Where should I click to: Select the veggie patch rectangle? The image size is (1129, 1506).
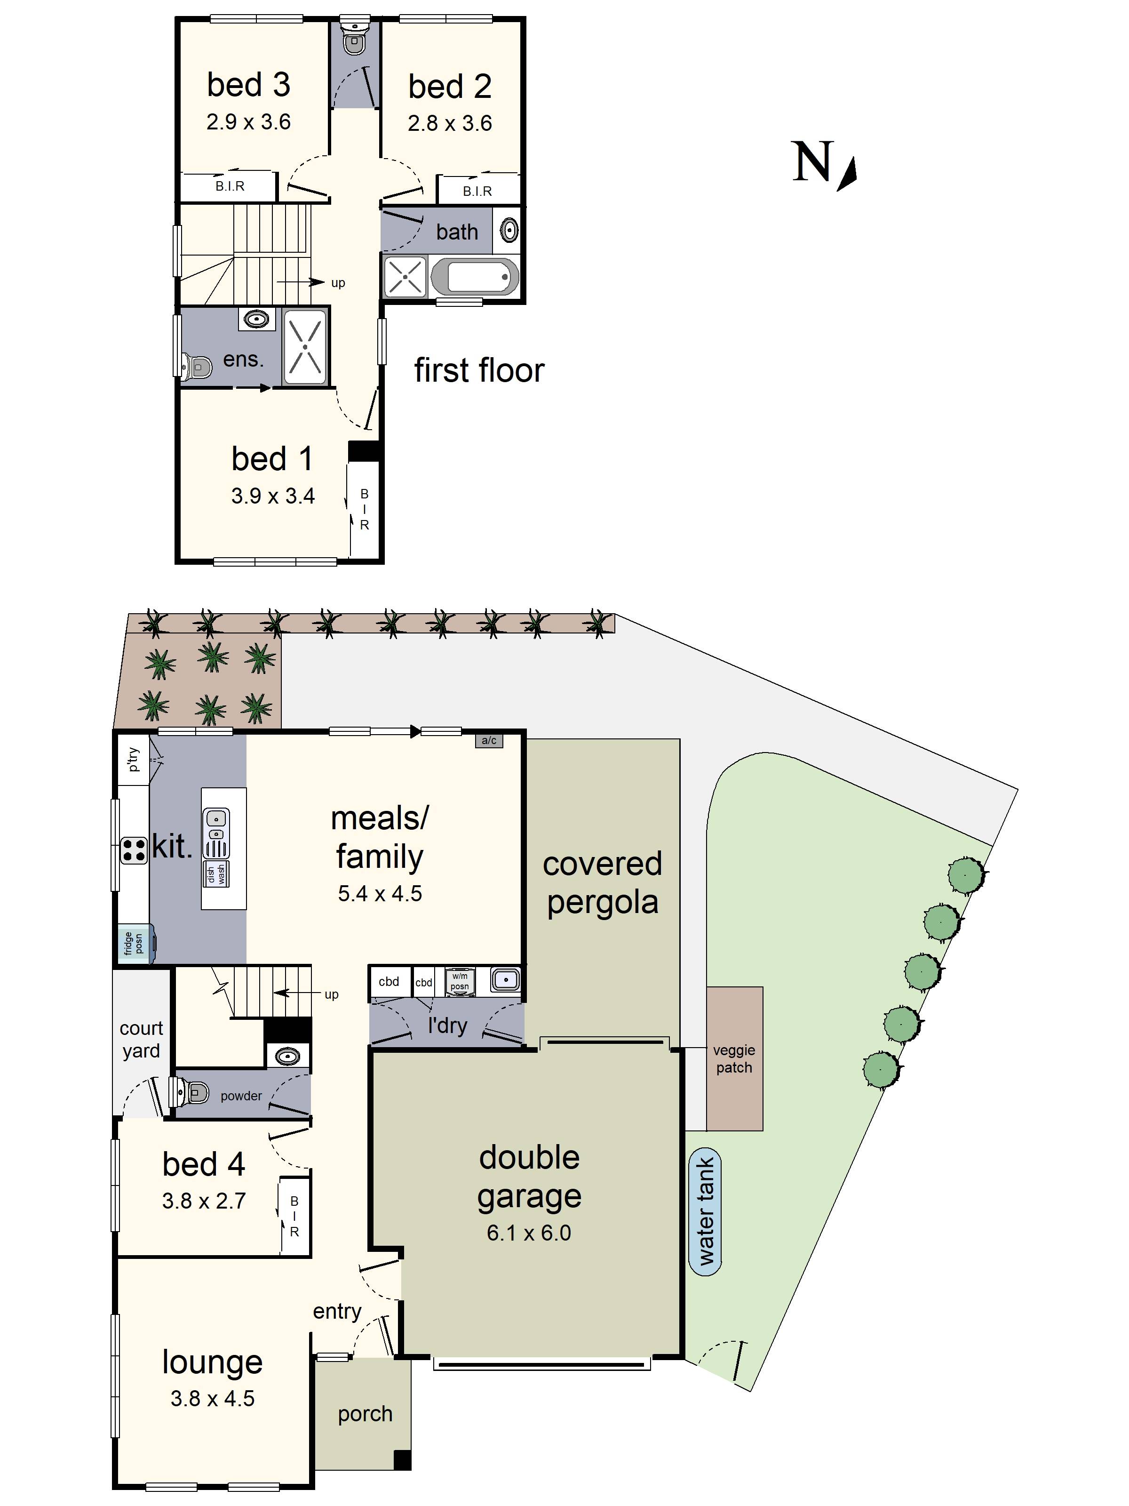(x=734, y=1059)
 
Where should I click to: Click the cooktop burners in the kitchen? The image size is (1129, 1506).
(x=134, y=849)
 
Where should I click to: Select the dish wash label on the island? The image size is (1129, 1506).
(x=216, y=873)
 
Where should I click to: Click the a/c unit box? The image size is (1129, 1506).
(x=489, y=741)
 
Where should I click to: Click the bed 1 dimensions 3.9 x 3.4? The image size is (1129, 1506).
(x=273, y=496)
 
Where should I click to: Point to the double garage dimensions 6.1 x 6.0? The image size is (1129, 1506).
(x=529, y=1232)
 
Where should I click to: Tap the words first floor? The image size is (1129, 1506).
(x=480, y=370)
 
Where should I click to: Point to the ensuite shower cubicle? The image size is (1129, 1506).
(x=305, y=347)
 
